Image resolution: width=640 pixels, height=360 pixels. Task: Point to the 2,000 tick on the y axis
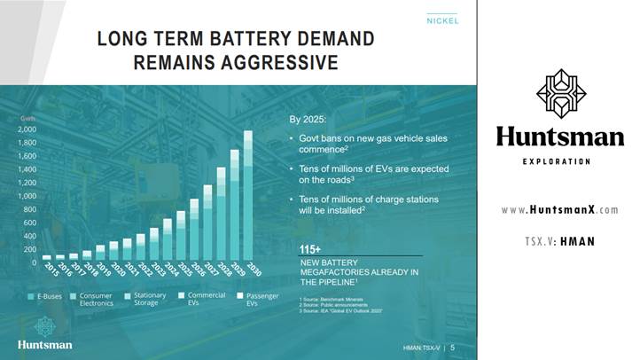27,129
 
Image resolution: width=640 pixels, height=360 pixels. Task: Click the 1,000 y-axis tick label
27,196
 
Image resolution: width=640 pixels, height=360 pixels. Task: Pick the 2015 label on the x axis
51,271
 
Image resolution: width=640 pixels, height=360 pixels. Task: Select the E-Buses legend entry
44,295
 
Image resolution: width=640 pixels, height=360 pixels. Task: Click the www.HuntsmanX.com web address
559,210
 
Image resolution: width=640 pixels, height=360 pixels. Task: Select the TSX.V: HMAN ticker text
559,241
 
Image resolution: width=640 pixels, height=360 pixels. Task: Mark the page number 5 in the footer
453,347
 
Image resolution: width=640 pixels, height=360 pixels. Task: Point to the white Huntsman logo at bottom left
44,342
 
